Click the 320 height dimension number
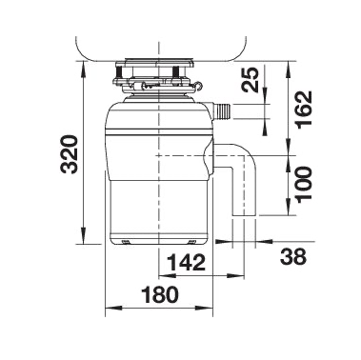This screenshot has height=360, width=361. click(x=70, y=154)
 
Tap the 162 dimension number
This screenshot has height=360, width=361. click(x=304, y=110)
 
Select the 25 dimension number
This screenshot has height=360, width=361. click(x=251, y=80)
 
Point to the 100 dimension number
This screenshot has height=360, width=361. click(x=304, y=184)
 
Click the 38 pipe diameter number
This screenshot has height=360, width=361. click(x=293, y=256)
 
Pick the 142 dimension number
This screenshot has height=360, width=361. click(x=187, y=262)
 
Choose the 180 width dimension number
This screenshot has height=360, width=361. click(x=160, y=294)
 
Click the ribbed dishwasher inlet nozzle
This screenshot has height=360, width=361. click(x=223, y=111)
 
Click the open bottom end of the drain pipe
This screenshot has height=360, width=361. click(x=245, y=217)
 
